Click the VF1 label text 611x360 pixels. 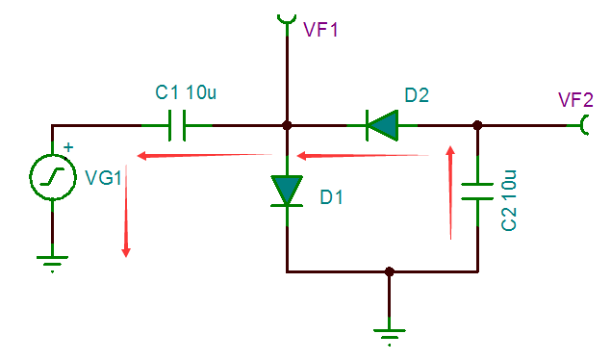click(x=320, y=30)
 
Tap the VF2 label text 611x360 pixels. click(x=575, y=100)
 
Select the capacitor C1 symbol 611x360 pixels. click(x=177, y=125)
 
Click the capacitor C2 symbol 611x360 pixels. click(x=477, y=192)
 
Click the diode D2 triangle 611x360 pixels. click(x=382, y=125)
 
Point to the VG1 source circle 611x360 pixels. click(x=53, y=177)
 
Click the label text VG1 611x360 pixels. click(x=103, y=178)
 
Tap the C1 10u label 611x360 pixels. click(x=186, y=92)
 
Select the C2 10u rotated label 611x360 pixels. click(x=508, y=200)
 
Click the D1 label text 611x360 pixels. click(x=331, y=197)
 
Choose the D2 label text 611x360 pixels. click(x=417, y=95)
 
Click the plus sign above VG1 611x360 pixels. click(x=68, y=147)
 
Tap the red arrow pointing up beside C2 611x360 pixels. click(x=451, y=193)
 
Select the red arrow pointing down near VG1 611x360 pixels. click(x=126, y=211)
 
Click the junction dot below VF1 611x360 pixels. click(x=287, y=125)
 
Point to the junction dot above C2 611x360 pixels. click(x=477, y=125)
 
